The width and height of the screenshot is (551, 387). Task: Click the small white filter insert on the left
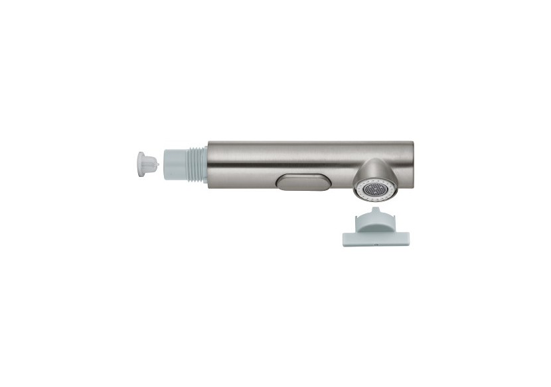coord(147,162)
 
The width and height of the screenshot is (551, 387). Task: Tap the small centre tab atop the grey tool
coord(376,211)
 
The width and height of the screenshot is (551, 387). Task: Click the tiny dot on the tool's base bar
coord(375,243)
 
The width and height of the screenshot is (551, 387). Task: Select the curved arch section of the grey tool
coord(375,220)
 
